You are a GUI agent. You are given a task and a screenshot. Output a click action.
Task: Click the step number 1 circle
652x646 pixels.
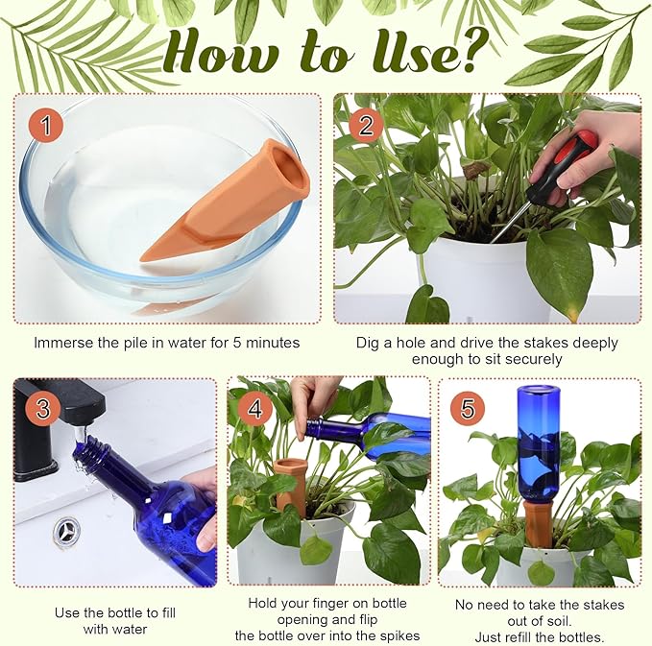coord(45,125)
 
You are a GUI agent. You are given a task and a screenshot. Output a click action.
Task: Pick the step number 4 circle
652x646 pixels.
coord(254,408)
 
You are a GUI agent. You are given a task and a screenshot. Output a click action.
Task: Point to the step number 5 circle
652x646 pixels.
coord(467,408)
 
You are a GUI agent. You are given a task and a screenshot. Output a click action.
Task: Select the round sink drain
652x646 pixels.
coord(67,531)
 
